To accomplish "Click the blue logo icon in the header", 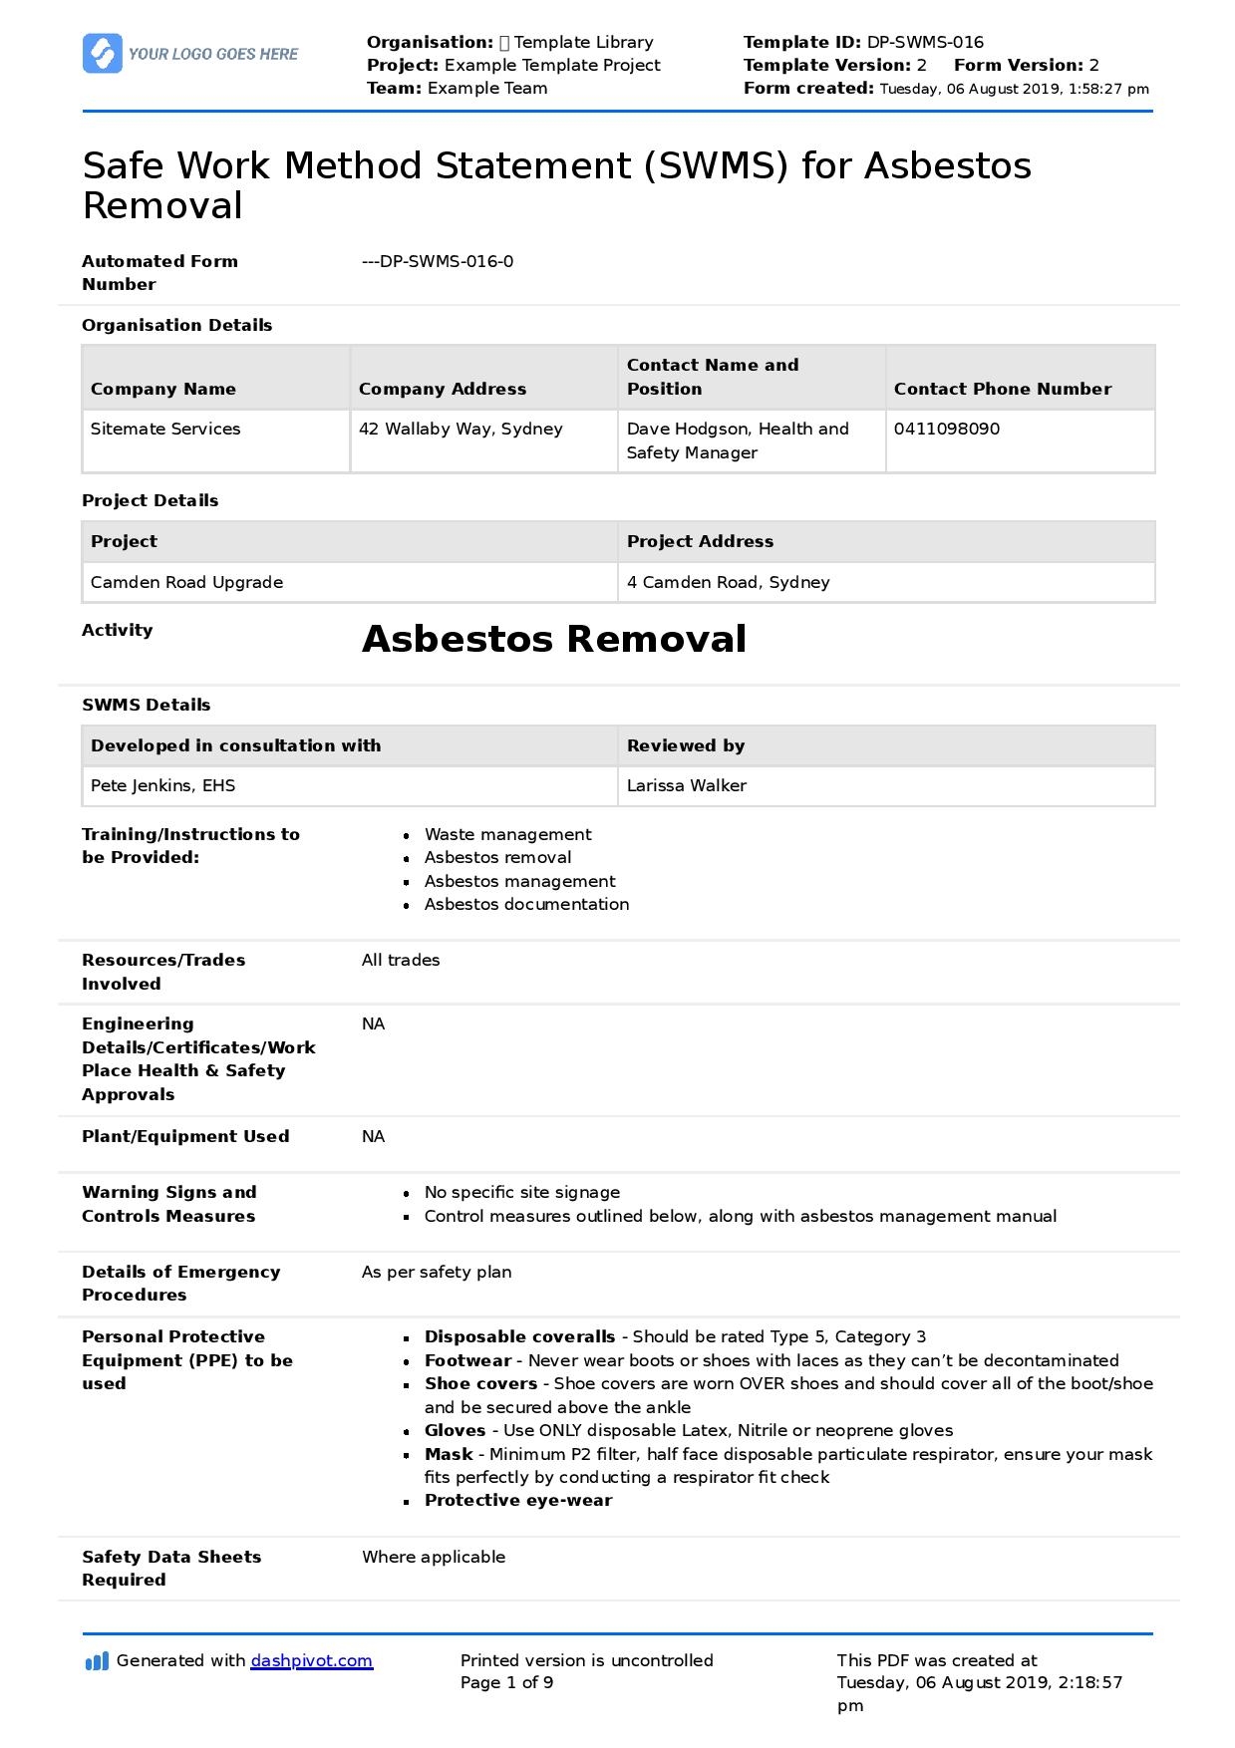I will [x=103, y=54].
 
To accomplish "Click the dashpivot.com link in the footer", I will [x=311, y=1660].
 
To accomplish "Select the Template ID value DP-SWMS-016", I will [x=925, y=42].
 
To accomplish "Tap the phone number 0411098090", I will [x=946, y=429].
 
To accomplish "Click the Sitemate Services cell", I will [x=165, y=429].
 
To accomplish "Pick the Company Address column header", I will [x=442, y=389].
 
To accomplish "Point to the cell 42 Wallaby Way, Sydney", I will [x=461, y=429].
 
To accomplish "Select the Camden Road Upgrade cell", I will [x=186, y=582].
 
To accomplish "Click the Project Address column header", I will [x=700, y=541].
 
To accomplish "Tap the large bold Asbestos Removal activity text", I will [x=553, y=639].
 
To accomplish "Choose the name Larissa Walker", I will [x=686, y=785].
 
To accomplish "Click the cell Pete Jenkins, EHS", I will [x=162, y=785].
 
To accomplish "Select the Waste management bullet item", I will [x=507, y=834].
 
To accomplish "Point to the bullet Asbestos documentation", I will [x=526, y=904].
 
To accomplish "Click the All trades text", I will [x=401, y=960].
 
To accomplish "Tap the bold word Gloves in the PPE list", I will [x=455, y=1430].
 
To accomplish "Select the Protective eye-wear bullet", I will [x=518, y=1500].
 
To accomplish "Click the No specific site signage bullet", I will [x=521, y=1192].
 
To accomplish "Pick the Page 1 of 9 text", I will [x=506, y=1682].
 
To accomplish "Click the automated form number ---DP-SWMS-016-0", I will [x=438, y=261].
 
